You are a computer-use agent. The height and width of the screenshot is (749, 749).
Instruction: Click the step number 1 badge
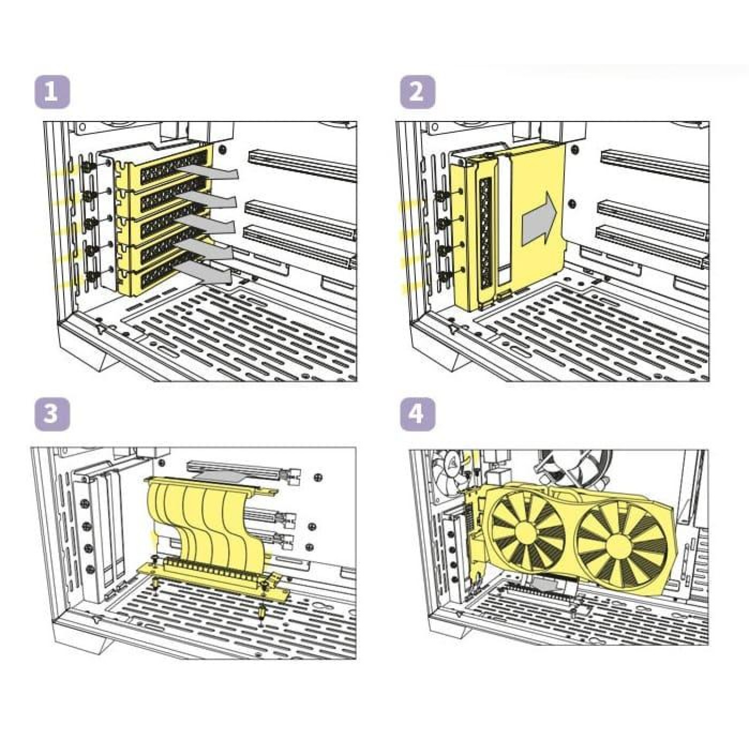pyautogui.click(x=52, y=91)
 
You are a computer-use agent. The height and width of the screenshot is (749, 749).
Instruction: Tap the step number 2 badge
pyautogui.click(x=418, y=91)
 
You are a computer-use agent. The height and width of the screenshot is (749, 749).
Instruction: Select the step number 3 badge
pyautogui.click(x=52, y=414)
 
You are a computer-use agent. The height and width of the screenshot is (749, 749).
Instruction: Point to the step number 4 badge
pyautogui.click(x=418, y=414)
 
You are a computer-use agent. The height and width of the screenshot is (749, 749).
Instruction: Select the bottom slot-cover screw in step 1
pyautogui.click(x=91, y=277)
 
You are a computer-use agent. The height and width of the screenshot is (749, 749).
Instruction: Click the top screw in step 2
pyautogui.click(x=442, y=194)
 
